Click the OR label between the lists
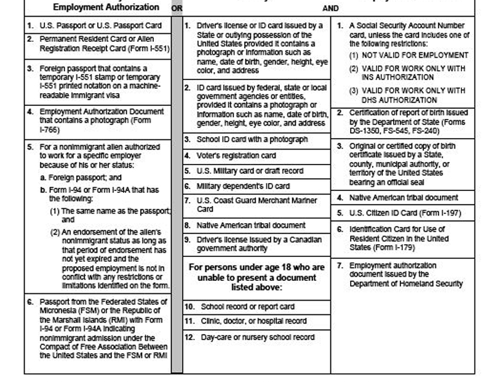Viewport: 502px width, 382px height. click(177, 9)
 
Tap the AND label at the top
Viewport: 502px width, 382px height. click(330, 9)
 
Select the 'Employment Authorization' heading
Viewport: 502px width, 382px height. click(106, 7)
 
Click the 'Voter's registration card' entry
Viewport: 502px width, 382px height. click(236, 156)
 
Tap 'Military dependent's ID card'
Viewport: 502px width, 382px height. click(243, 186)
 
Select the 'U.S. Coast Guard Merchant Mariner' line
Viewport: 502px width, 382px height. click(257, 201)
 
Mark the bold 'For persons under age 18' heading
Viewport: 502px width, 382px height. click(257, 267)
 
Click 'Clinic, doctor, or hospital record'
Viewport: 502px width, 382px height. click(253, 321)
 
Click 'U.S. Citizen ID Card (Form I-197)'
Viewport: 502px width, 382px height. click(405, 213)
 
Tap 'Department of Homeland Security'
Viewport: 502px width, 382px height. click(407, 283)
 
